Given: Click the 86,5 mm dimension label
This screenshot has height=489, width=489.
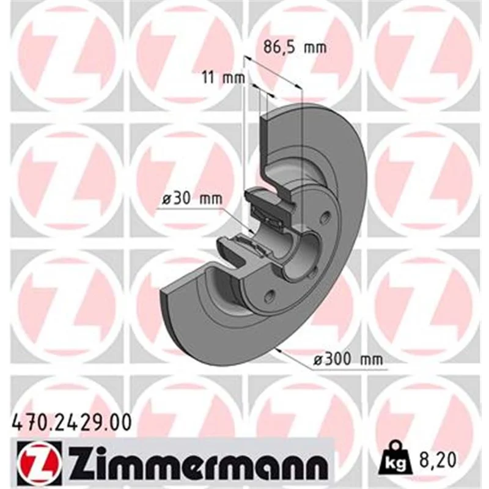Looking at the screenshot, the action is point(295,48).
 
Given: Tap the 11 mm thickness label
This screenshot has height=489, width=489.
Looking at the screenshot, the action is point(224,78).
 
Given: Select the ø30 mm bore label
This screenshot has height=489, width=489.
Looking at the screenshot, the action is point(193,199).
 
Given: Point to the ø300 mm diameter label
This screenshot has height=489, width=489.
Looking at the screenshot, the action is point(348,359).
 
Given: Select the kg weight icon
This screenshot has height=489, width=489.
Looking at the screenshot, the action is point(395,458).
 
